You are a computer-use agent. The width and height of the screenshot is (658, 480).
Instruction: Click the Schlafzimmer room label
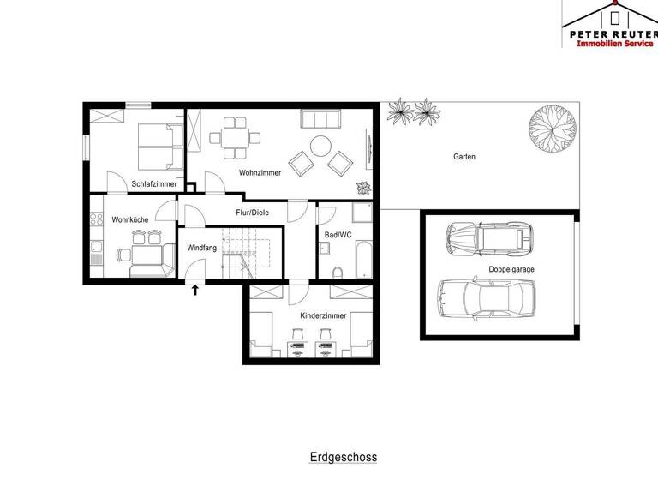(154, 184)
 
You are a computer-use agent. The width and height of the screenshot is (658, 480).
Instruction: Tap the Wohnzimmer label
(260, 173)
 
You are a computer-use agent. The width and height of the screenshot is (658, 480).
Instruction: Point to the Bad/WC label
(338, 234)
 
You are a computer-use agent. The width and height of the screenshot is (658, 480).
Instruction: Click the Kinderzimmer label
(323, 316)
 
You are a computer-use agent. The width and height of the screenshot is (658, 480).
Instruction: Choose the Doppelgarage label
(511, 268)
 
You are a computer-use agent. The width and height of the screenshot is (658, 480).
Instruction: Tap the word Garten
(465, 157)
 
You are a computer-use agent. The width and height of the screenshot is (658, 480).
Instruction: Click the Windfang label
(202, 248)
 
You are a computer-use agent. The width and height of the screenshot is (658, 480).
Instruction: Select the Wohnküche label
(129, 220)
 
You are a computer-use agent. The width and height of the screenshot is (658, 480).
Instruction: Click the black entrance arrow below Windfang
(195, 291)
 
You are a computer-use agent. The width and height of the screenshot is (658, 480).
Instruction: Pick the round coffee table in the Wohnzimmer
(320, 146)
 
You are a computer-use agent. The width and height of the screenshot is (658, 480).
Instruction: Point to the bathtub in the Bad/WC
(362, 257)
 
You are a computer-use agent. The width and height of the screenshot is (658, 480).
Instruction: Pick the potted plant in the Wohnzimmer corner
(362, 189)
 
